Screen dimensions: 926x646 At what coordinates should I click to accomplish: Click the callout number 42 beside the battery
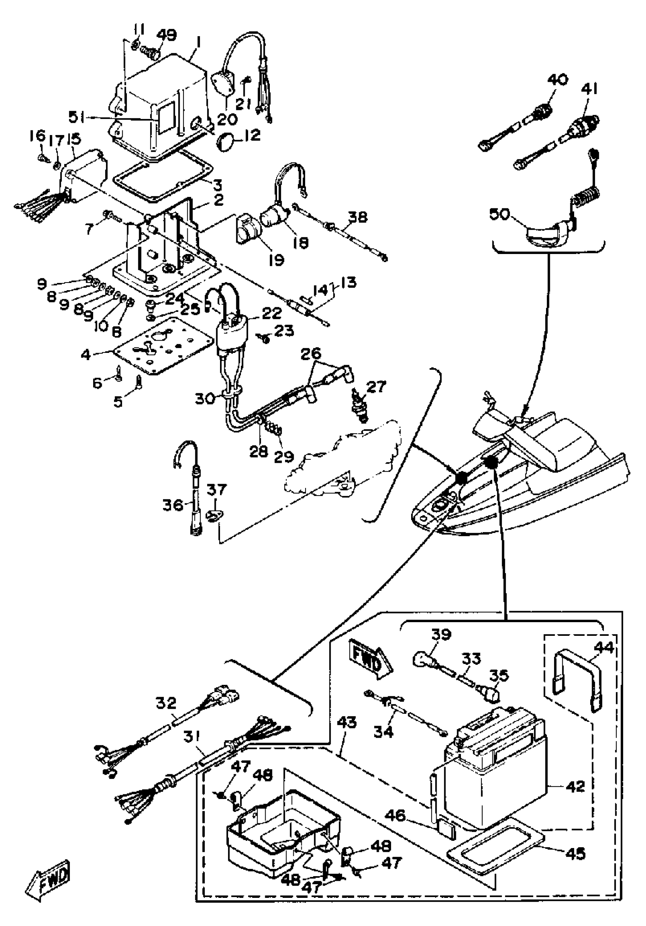[575, 786]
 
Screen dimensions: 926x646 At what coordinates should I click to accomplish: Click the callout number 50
[500, 214]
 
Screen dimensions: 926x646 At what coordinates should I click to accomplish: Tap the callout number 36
[173, 505]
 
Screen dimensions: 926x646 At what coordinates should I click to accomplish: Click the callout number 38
[358, 218]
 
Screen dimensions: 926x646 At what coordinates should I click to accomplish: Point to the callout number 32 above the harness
[166, 703]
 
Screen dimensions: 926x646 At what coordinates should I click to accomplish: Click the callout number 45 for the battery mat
[575, 853]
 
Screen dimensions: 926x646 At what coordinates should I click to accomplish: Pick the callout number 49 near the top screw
[166, 35]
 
